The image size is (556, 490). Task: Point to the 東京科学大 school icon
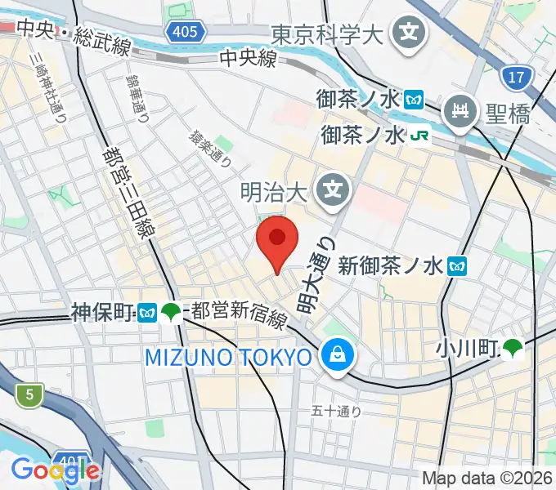coord(407,33)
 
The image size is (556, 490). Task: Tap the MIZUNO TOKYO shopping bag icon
coord(335,356)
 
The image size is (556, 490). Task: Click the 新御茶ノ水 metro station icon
coord(459,265)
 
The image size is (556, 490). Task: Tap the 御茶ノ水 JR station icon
coord(420,135)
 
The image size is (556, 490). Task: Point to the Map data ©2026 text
coord(486,478)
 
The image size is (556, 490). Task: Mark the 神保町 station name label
coord(102,311)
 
